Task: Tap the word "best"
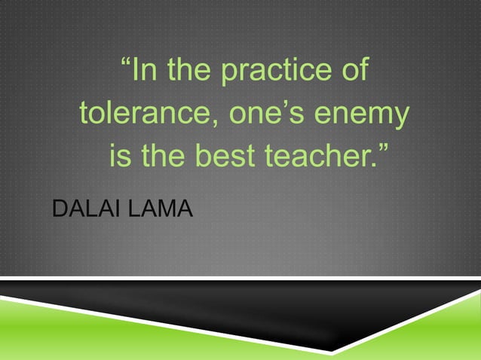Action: (x=227, y=158)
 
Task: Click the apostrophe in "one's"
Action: (x=284, y=107)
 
